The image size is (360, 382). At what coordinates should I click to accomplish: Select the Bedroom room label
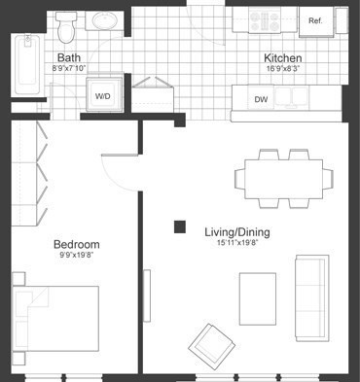(x=76, y=244)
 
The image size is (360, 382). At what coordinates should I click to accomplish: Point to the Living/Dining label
(x=236, y=232)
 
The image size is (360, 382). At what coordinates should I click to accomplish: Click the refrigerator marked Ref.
(x=315, y=20)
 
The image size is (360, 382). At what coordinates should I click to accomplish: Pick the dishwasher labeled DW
(x=261, y=99)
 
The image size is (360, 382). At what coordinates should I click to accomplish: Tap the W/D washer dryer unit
(x=102, y=96)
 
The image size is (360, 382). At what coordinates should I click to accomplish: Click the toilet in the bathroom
(x=66, y=28)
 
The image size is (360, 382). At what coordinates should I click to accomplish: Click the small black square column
(x=180, y=227)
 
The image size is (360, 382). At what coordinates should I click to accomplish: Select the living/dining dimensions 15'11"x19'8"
(x=236, y=244)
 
